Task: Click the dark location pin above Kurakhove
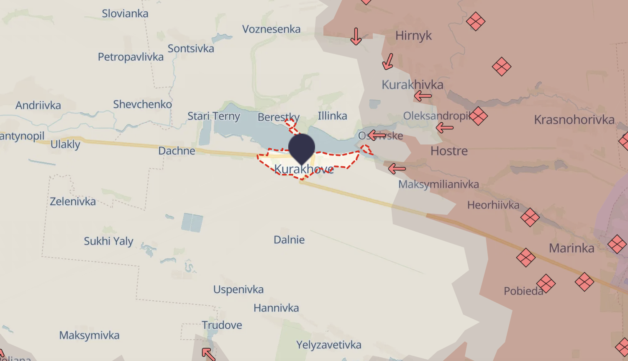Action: pos(301,148)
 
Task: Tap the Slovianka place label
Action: pos(125,13)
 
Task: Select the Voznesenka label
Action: pos(271,29)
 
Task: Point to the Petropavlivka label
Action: pos(131,57)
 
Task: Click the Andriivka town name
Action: pos(38,105)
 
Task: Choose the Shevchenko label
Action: pos(142,104)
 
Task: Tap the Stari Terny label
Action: pos(213,116)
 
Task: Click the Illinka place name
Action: pos(332,116)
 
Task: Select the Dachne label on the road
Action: pos(177,151)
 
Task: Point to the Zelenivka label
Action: pos(73,201)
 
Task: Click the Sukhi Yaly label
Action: pos(108,241)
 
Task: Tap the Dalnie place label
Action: pos(289,240)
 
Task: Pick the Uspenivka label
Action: pos(238,289)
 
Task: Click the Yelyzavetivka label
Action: pos(329,345)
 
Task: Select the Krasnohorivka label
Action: pos(574,120)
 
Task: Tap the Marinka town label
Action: pos(572,248)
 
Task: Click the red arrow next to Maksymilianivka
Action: pos(397,169)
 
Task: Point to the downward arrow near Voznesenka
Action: pos(356,36)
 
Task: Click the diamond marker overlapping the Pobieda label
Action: pos(546,284)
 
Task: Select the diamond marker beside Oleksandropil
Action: pos(478,116)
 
